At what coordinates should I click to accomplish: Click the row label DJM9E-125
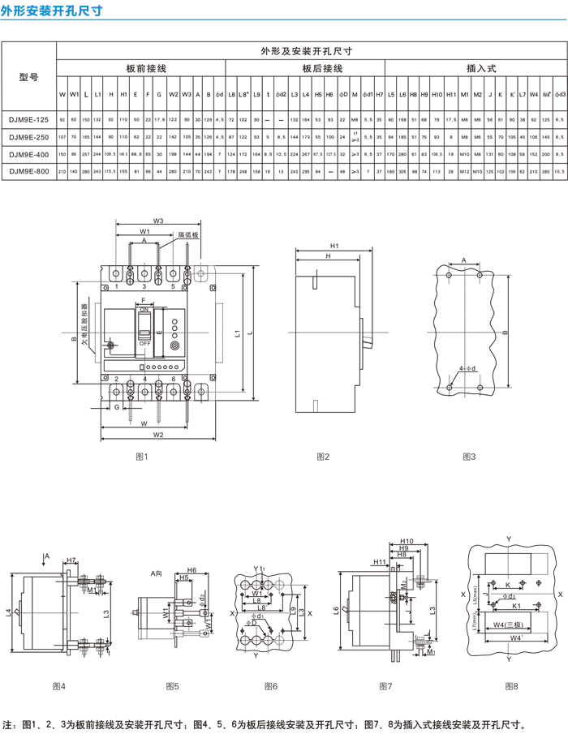(28, 120)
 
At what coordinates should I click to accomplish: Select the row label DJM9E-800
(28, 171)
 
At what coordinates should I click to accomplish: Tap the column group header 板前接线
(147, 70)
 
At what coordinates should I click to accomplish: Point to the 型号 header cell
(28, 77)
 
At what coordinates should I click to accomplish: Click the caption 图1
(141, 457)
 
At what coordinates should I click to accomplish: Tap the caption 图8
(511, 686)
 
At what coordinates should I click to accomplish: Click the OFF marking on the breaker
(145, 343)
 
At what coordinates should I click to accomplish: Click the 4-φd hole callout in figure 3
(467, 369)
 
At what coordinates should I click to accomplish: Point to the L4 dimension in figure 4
(9, 612)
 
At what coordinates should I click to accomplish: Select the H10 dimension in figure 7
(407, 541)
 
